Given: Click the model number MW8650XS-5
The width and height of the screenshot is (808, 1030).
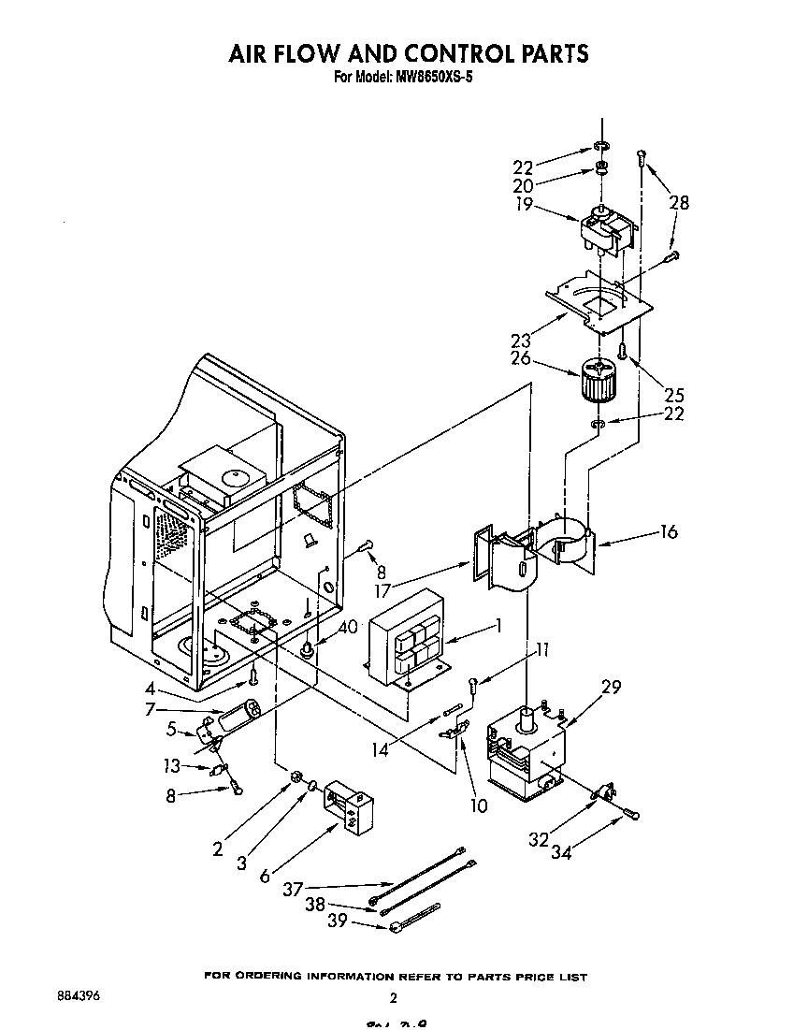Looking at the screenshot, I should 426,78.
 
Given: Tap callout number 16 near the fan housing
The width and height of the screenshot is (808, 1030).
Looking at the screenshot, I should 668,531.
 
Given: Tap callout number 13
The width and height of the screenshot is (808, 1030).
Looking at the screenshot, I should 170,766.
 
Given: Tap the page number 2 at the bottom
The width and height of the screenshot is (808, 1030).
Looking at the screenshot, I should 394,997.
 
